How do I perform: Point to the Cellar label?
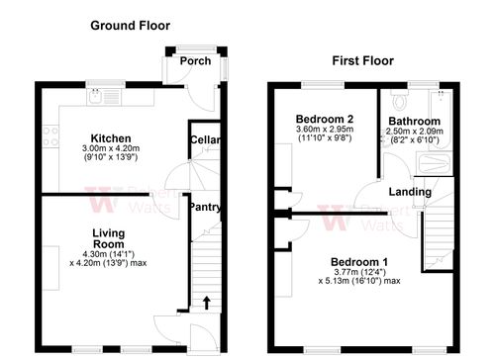pos(205,140)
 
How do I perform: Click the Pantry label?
pos(205,208)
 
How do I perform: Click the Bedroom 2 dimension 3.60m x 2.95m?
pos(325,130)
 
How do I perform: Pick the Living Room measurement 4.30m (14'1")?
pos(109,254)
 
